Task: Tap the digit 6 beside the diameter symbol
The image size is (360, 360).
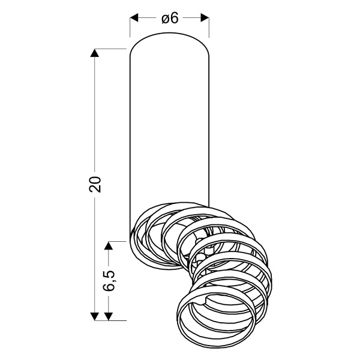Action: tap(175, 18)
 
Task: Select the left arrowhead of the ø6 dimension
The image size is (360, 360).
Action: tap(134, 18)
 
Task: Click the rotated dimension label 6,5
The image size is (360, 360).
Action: tap(110, 280)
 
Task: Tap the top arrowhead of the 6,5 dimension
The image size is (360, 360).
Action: tap(109, 245)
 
